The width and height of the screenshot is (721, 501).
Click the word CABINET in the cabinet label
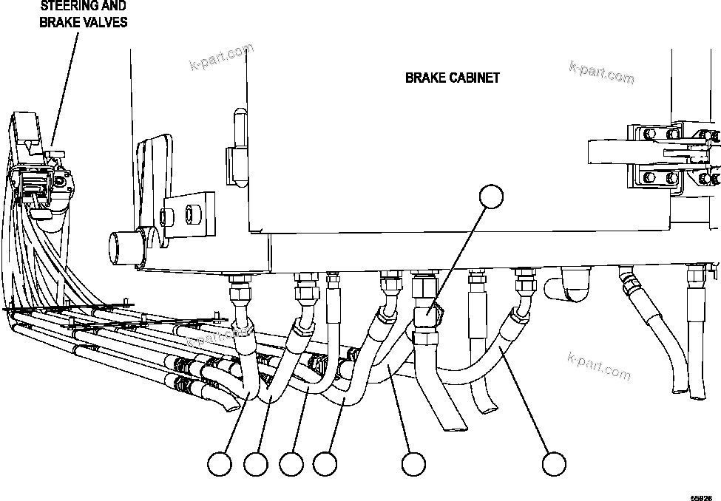474,77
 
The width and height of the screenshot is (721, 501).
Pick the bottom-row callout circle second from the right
413,465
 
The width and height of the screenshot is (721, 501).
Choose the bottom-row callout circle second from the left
256,465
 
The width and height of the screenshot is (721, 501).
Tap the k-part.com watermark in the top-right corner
601,71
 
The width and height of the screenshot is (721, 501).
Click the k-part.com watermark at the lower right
599,364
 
